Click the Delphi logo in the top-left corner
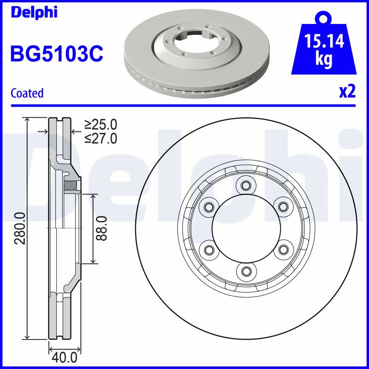click(34, 12)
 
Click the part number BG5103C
click(57, 54)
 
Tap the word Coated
click(27, 93)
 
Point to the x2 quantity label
click(347, 92)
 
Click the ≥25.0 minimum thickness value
click(101, 125)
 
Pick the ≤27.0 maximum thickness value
click(101, 138)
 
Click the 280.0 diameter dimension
click(20, 228)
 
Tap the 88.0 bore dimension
click(101, 228)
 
